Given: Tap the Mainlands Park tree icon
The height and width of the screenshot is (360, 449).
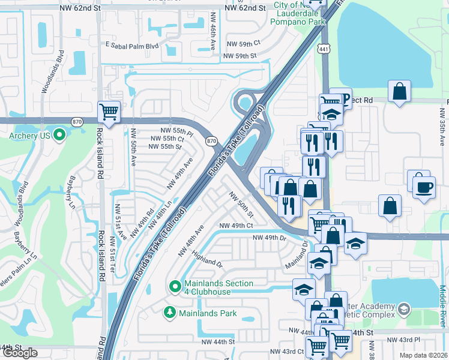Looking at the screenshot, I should (x=170, y=313).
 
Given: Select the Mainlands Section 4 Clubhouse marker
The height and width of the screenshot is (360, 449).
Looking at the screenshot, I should (x=175, y=287).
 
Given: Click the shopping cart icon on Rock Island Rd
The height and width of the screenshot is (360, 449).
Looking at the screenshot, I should (x=109, y=112).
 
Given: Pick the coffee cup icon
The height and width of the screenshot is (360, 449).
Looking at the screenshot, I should (x=424, y=187).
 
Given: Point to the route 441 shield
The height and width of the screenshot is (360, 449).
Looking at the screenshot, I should (x=324, y=53).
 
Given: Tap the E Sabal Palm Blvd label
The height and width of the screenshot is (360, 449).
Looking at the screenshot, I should (x=131, y=45).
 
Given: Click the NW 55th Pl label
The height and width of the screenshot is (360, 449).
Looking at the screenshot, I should (x=176, y=130).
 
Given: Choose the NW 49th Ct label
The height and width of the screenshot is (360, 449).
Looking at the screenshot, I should (x=236, y=226).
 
